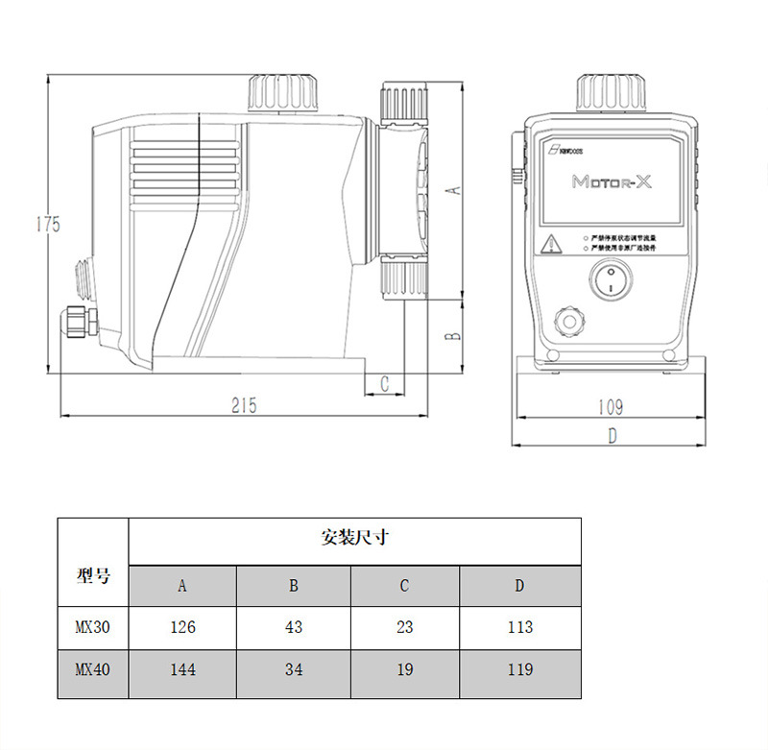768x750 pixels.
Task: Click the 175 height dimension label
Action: pyautogui.click(x=48, y=225)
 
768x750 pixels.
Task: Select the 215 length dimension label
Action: pyautogui.click(x=244, y=405)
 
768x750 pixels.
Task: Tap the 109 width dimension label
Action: pyautogui.click(x=611, y=407)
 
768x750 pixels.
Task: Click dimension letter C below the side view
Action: pyautogui.click(x=384, y=383)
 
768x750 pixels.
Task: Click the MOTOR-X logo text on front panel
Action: pyautogui.click(x=612, y=181)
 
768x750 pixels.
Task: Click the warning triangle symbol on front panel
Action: pyautogui.click(x=552, y=243)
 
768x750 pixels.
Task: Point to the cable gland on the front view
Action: pyautogui.click(x=569, y=321)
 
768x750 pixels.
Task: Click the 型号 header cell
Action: pyautogui.click(x=93, y=576)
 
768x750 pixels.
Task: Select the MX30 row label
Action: pyautogui.click(x=93, y=627)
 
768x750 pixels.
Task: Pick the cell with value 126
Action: pyautogui.click(x=182, y=627)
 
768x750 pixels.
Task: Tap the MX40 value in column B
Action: pyautogui.click(x=294, y=669)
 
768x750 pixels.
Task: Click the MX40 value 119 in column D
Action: pyautogui.click(x=519, y=669)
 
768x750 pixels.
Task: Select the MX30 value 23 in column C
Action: pyautogui.click(x=404, y=627)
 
